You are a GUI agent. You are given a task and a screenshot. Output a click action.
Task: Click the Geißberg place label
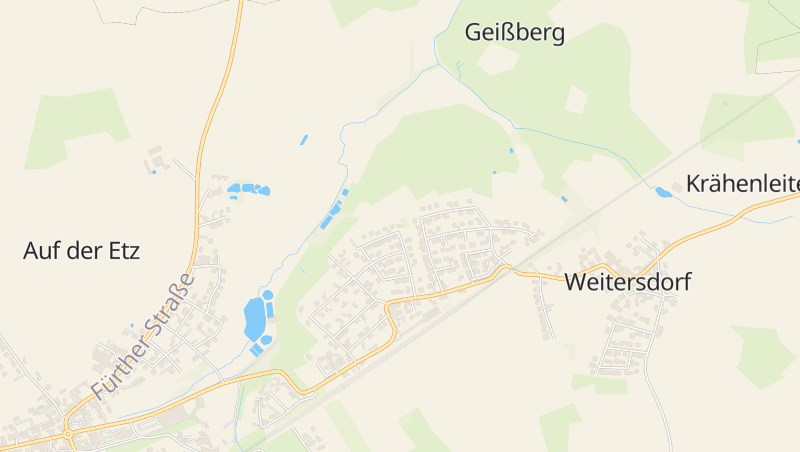pyautogui.click(x=515, y=33)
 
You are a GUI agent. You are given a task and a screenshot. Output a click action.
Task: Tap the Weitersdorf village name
pyautogui.click(x=627, y=282)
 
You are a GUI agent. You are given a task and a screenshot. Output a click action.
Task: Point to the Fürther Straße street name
pyautogui.click(x=141, y=334)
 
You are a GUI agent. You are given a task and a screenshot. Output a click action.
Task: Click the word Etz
pyautogui.click(x=122, y=251)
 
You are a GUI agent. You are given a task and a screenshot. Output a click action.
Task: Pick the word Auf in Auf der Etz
pyautogui.click(x=40, y=251)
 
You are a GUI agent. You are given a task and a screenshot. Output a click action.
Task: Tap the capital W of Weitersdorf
pyautogui.click(x=574, y=282)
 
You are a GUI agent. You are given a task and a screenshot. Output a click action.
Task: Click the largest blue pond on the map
pyautogui.click(x=255, y=318)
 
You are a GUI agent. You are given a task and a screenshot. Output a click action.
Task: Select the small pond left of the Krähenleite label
pyautogui.click(x=663, y=192)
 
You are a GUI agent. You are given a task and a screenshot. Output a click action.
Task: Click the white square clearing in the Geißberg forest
pyautogui.click(x=576, y=99)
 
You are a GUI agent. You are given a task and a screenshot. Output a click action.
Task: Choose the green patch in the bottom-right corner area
pyautogui.click(x=764, y=354)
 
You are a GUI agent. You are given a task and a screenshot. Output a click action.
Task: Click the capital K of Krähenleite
pyautogui.click(x=693, y=184)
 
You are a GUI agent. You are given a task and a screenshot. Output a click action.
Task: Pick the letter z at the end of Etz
pyautogui.click(x=134, y=252)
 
